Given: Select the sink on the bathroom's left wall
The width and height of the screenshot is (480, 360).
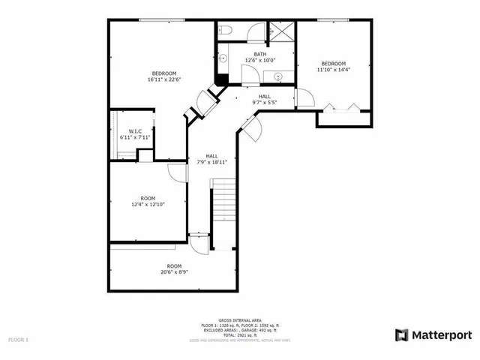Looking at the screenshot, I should click(x=223, y=58).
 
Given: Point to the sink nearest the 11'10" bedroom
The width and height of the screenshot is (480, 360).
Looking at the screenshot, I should click(x=277, y=76).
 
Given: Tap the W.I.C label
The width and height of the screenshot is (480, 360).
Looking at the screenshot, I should click(x=135, y=131).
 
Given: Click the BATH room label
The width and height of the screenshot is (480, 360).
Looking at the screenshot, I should click(x=259, y=54).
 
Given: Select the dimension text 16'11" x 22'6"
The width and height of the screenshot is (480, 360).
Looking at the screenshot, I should click(x=164, y=79).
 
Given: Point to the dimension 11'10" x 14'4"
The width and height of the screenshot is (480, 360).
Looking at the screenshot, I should click(x=334, y=70).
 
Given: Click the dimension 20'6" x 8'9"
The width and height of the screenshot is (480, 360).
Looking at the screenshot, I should click(x=174, y=272).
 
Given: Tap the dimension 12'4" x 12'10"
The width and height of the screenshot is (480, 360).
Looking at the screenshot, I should click(x=148, y=204).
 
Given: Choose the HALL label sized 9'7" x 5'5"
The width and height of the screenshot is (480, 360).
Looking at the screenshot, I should click(x=265, y=96).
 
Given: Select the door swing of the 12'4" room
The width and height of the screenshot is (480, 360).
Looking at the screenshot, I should click(x=177, y=173).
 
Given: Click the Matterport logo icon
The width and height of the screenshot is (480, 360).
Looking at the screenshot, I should click(x=401, y=334).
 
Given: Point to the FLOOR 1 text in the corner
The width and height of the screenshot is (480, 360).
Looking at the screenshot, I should click(x=18, y=340).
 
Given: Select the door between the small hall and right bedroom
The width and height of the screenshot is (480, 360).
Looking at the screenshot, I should click(x=304, y=98).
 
